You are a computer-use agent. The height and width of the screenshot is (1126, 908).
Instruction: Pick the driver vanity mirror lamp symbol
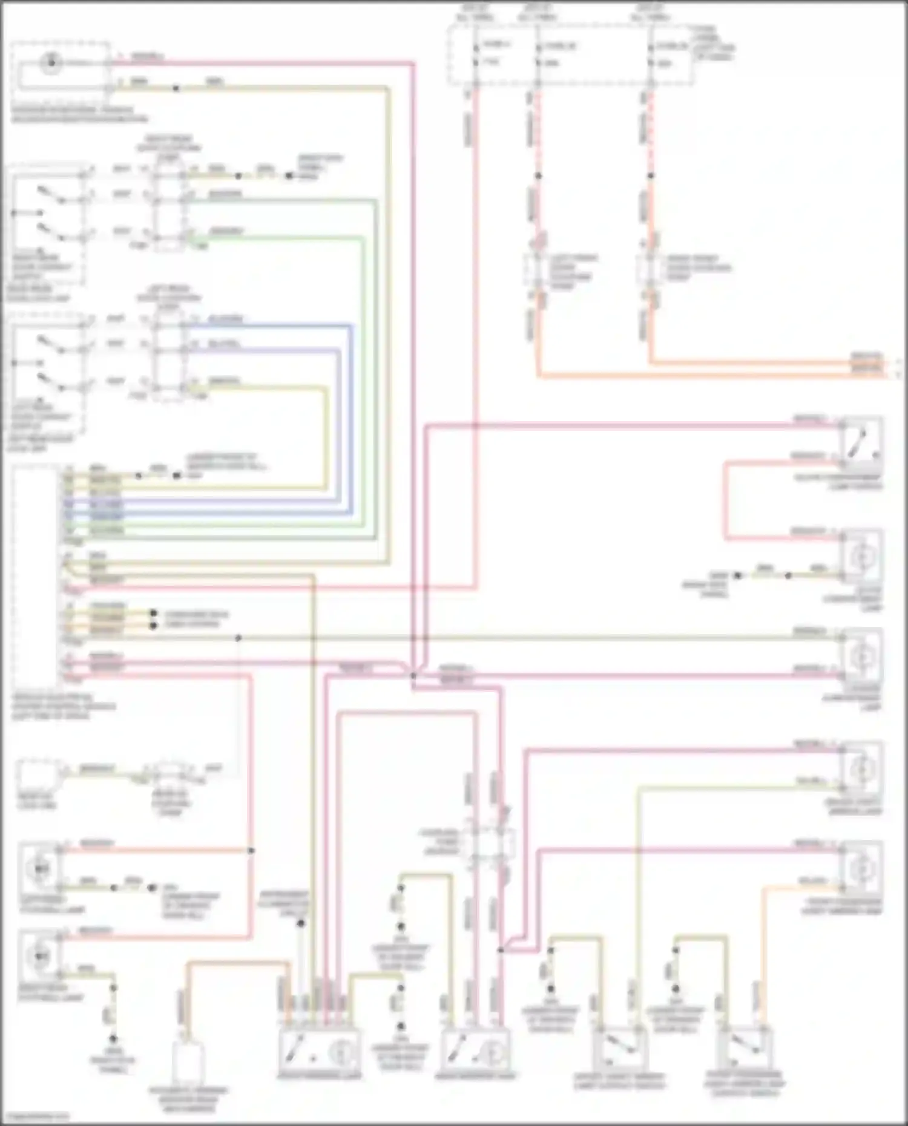click(861, 769)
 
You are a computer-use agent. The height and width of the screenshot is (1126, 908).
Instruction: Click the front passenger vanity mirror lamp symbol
click(861, 869)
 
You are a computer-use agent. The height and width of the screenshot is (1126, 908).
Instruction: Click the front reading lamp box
click(319, 1052)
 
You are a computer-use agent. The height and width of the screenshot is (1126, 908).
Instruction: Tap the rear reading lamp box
click(476, 1052)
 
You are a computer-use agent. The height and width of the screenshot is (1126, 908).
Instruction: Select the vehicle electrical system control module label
click(63, 706)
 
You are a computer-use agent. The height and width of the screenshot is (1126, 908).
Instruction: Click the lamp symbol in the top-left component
click(51, 63)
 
